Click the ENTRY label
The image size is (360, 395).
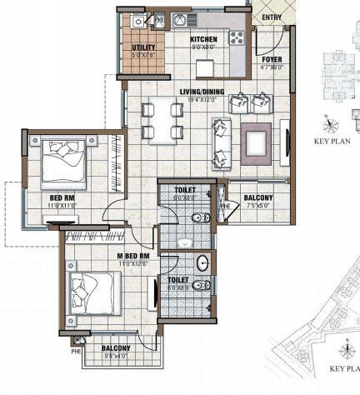click(x=271, y=17)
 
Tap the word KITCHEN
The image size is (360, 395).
click(x=203, y=39)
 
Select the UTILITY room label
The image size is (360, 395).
click(x=144, y=48)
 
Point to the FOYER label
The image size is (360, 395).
click(x=272, y=61)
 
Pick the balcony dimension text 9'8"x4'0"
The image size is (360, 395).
click(x=116, y=357)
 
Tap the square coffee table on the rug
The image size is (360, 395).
click(x=255, y=137)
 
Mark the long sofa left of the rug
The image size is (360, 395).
click(x=220, y=138)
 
